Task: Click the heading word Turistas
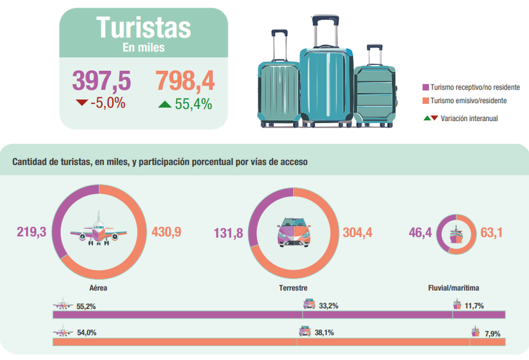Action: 143,27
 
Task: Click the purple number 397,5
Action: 101,80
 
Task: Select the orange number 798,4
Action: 185,80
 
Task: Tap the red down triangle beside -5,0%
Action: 82,103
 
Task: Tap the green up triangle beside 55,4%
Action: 165,104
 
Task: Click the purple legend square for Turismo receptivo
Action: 425,88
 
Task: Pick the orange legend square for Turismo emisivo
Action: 425,100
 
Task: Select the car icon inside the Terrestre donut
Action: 293,232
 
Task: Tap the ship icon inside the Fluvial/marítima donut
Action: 456,233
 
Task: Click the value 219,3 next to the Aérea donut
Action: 31,232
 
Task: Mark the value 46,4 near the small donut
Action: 421,233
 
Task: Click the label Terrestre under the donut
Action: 293,288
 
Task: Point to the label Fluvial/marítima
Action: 453,288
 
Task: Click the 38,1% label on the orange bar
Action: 324,332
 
